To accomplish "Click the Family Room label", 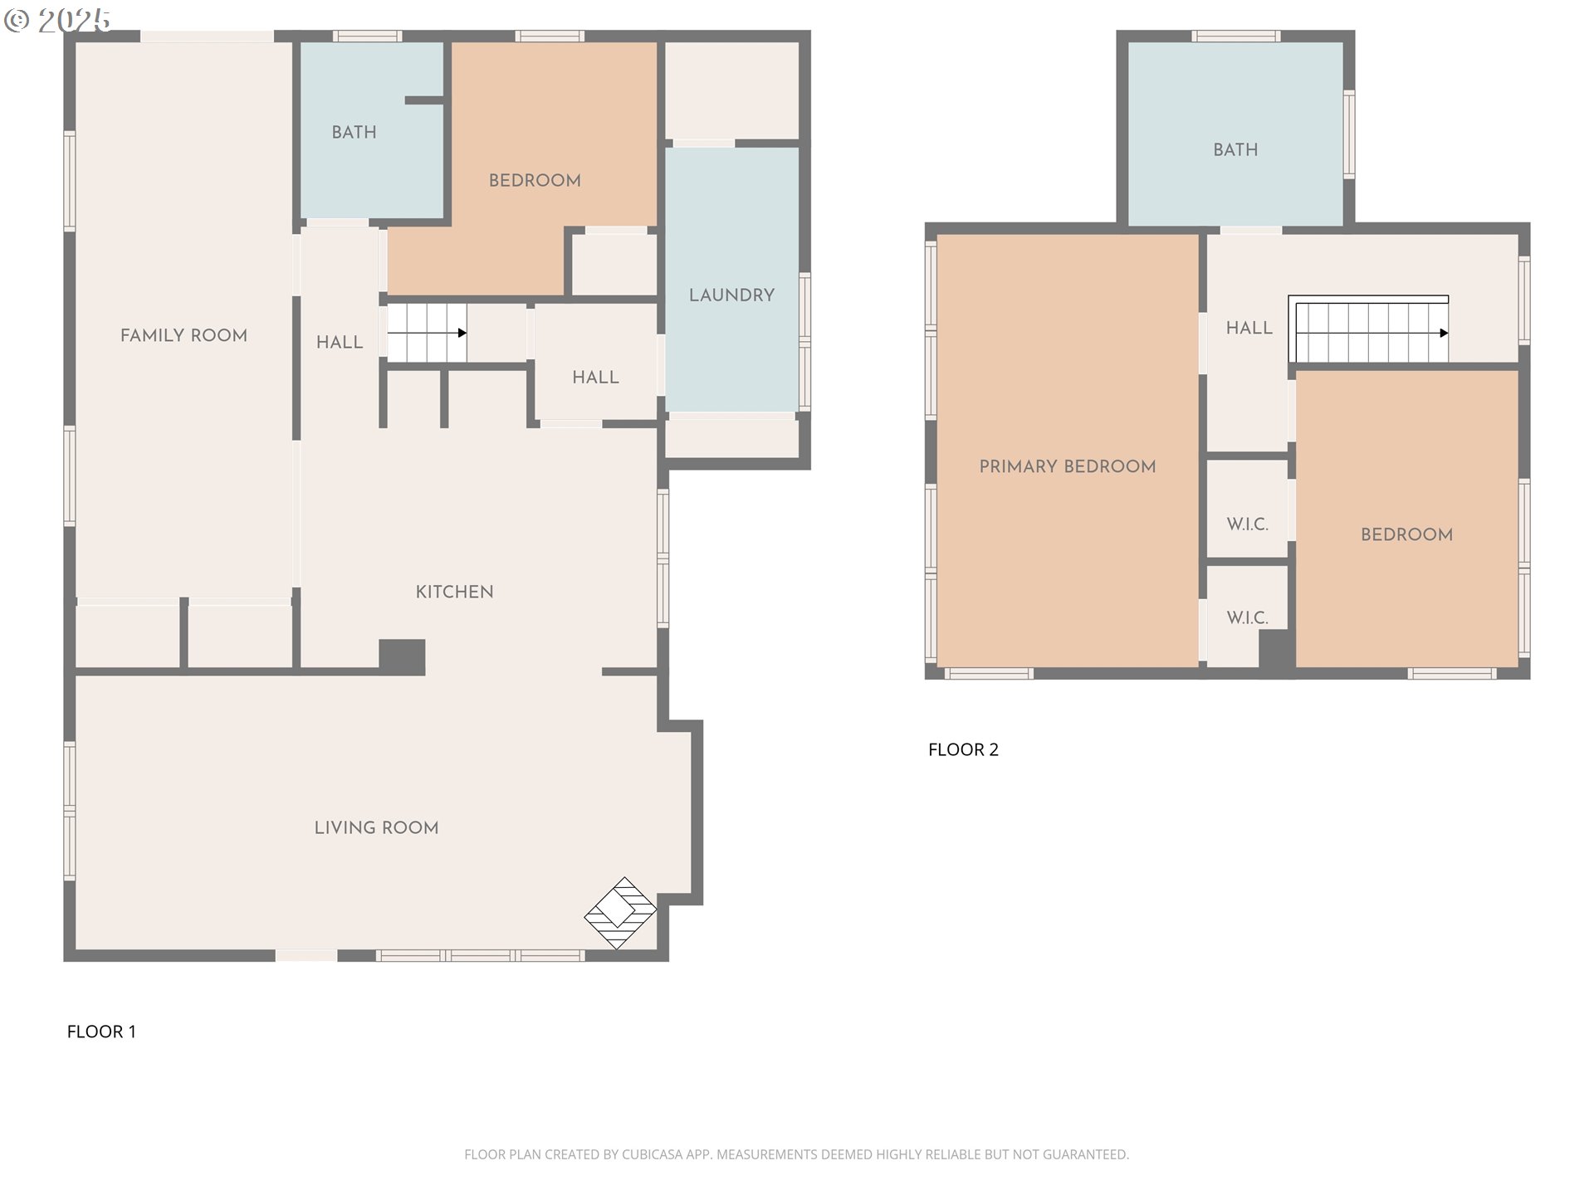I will click(x=183, y=335).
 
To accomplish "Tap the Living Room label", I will click(x=376, y=827).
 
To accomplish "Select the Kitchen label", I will click(x=454, y=592).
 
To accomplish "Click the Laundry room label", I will click(x=731, y=295).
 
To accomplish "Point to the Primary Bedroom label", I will click(x=1067, y=466).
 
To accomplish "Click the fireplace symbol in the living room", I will click(x=620, y=913).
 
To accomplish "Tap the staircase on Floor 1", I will click(x=427, y=333).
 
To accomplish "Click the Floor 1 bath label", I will click(x=354, y=132).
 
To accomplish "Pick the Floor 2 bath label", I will click(x=1235, y=149).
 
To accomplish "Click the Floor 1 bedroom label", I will click(x=535, y=180).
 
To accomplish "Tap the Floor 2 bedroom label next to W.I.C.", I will click(x=1406, y=534).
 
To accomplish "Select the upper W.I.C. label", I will click(x=1247, y=524).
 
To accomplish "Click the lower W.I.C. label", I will click(x=1247, y=617).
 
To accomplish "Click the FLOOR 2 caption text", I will click(x=963, y=749).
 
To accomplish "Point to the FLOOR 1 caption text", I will click(x=101, y=1032).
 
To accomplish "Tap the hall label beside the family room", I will click(x=340, y=342).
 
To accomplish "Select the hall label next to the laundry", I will click(x=595, y=377).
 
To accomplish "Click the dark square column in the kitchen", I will click(x=403, y=656).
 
